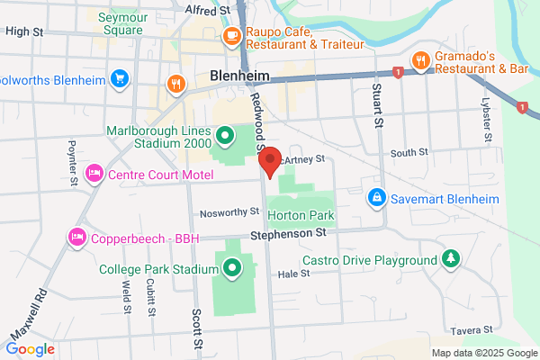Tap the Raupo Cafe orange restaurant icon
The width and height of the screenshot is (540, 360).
[231, 37]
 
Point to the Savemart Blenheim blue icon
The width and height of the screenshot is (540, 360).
[376, 196]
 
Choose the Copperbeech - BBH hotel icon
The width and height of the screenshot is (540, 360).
[77, 237]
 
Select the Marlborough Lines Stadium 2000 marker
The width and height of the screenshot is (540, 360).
[225, 139]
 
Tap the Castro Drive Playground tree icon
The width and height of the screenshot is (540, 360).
[451, 260]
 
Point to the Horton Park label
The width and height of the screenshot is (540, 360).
[301, 216]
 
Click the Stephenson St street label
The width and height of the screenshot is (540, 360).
[288, 233]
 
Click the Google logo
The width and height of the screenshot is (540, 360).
[30, 348]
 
